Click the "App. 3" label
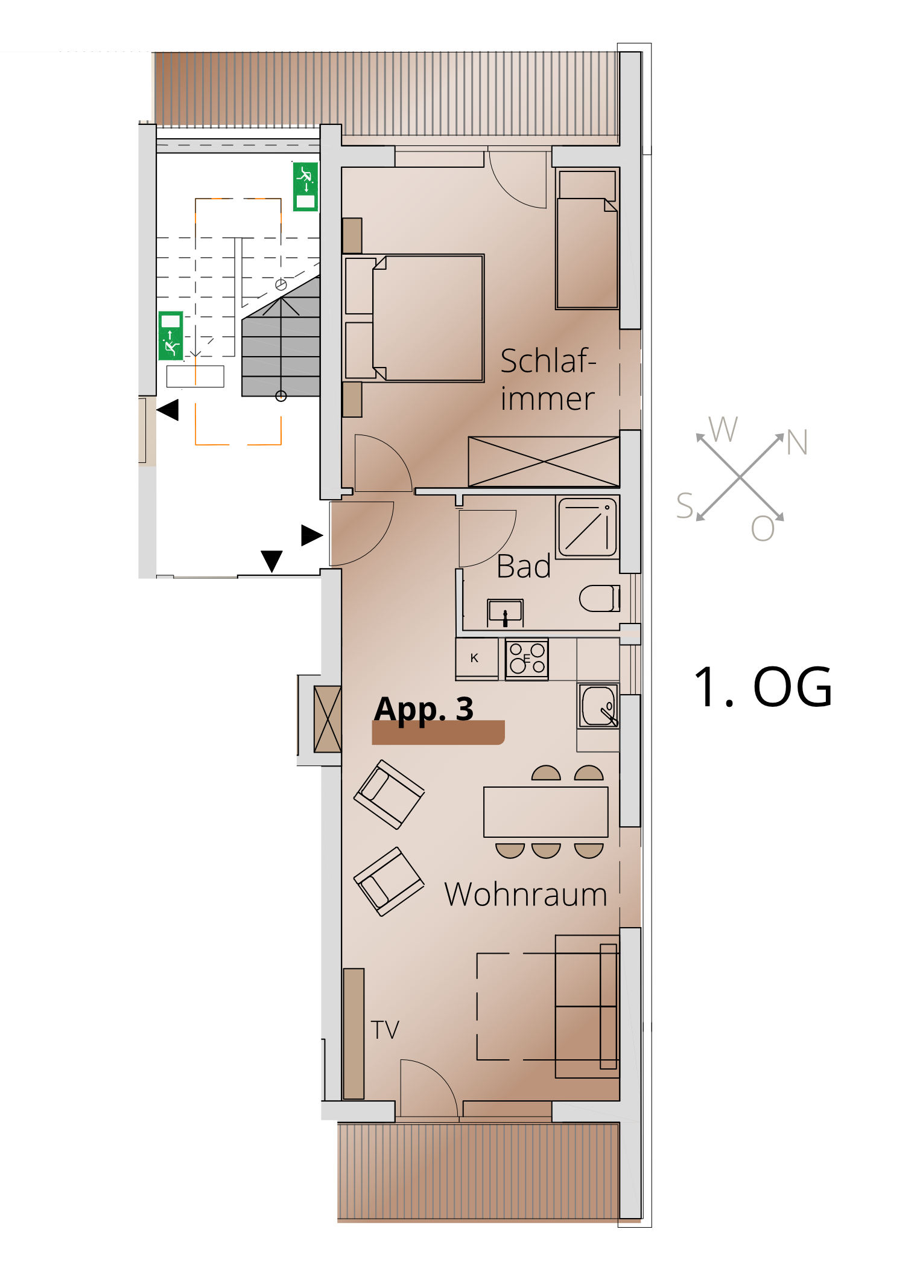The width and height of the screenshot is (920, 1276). click(424, 709)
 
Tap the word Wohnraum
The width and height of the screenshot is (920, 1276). click(525, 894)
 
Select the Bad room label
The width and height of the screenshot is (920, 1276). click(524, 566)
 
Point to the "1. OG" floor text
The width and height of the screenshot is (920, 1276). click(763, 687)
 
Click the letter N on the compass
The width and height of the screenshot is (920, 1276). click(797, 442)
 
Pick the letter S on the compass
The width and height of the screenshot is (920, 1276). click(685, 506)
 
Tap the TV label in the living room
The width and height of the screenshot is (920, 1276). click(385, 1030)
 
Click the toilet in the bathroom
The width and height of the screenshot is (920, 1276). click(600, 598)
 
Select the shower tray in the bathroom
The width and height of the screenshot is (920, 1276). click(588, 527)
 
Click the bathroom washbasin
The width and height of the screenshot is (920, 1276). click(505, 611)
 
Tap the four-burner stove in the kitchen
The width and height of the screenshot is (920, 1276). click(527, 659)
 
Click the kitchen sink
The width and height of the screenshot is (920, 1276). click(598, 706)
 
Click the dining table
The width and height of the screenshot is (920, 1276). click(546, 812)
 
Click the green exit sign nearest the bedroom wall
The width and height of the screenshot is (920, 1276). click(305, 187)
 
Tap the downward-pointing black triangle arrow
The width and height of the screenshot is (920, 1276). click(271, 561)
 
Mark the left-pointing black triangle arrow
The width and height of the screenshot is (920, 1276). click(168, 410)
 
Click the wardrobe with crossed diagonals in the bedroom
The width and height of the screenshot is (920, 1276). click(544, 462)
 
